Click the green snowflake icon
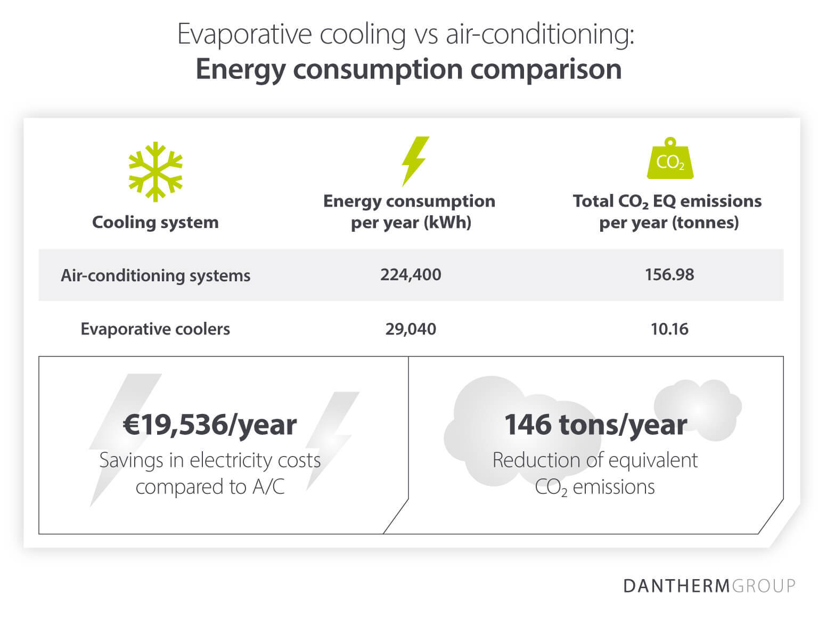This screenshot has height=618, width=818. [x=156, y=172]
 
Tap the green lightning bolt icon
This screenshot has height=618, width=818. [x=414, y=161]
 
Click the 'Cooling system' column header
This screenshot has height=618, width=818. [x=156, y=222]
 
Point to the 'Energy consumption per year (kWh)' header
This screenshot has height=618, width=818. [x=410, y=212]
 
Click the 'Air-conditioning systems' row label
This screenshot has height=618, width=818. [x=156, y=275]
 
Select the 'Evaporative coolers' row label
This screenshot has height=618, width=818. [x=156, y=329]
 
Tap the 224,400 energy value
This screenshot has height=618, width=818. [x=411, y=275]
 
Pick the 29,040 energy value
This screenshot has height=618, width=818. [x=411, y=329]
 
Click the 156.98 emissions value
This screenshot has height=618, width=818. [x=669, y=275]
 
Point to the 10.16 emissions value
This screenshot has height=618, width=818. [x=669, y=329]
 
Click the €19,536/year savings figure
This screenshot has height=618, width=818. [x=210, y=425]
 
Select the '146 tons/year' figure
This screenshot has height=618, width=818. [x=595, y=425]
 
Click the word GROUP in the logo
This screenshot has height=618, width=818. [x=764, y=586]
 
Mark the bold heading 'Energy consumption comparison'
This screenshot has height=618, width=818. [x=408, y=69]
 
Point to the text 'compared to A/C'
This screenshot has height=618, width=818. [x=210, y=486]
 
